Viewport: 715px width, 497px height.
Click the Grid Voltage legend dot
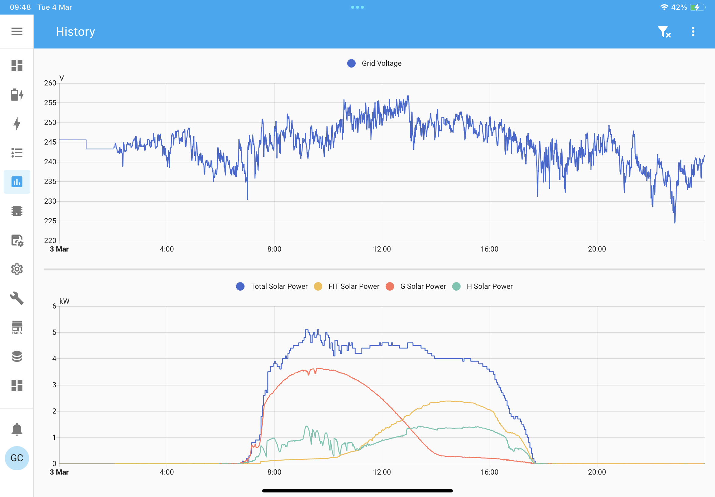(351, 63)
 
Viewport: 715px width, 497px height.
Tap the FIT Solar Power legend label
(354, 286)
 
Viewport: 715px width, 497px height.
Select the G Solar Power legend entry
(416, 286)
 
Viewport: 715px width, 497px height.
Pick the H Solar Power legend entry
(482, 286)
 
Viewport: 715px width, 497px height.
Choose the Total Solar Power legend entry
(271, 286)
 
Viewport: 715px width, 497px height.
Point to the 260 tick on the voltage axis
(50, 83)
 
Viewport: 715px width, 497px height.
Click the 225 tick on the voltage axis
(50, 221)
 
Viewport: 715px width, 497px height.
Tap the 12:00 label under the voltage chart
(382, 249)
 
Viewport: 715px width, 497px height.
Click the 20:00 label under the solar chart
(597, 472)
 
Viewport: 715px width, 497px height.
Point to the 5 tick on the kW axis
(54, 332)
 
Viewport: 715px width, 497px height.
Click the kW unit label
(64, 301)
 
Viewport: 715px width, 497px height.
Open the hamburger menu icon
(17, 31)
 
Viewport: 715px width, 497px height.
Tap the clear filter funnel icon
(664, 32)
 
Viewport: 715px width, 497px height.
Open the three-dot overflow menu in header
(693, 32)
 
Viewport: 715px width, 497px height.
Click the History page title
(75, 32)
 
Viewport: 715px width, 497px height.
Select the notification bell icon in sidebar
(17, 429)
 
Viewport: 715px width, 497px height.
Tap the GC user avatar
(17, 458)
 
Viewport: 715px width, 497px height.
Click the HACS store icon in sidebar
(17, 328)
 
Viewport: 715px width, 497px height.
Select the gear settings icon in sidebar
(17, 269)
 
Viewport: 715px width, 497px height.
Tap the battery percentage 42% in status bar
(679, 7)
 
